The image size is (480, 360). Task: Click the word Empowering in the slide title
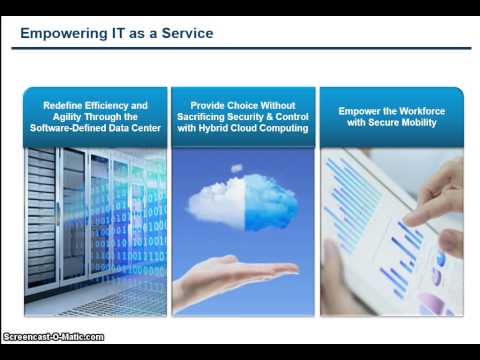coord(59,34)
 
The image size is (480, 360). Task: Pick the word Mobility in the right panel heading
coord(415,123)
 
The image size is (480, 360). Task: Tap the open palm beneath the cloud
coord(230,272)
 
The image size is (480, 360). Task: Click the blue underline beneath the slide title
coord(240,48)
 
